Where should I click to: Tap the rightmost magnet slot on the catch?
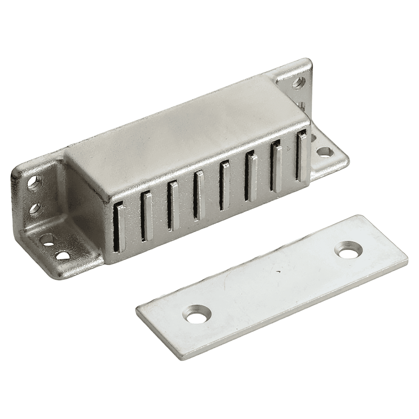pos(301,156)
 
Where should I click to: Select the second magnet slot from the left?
pos(146,215)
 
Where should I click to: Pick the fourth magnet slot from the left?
pos(198,195)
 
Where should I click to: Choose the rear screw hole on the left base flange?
pos(48,239)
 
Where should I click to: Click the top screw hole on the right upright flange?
pos(298,82)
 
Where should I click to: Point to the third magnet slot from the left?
pos(172,205)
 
